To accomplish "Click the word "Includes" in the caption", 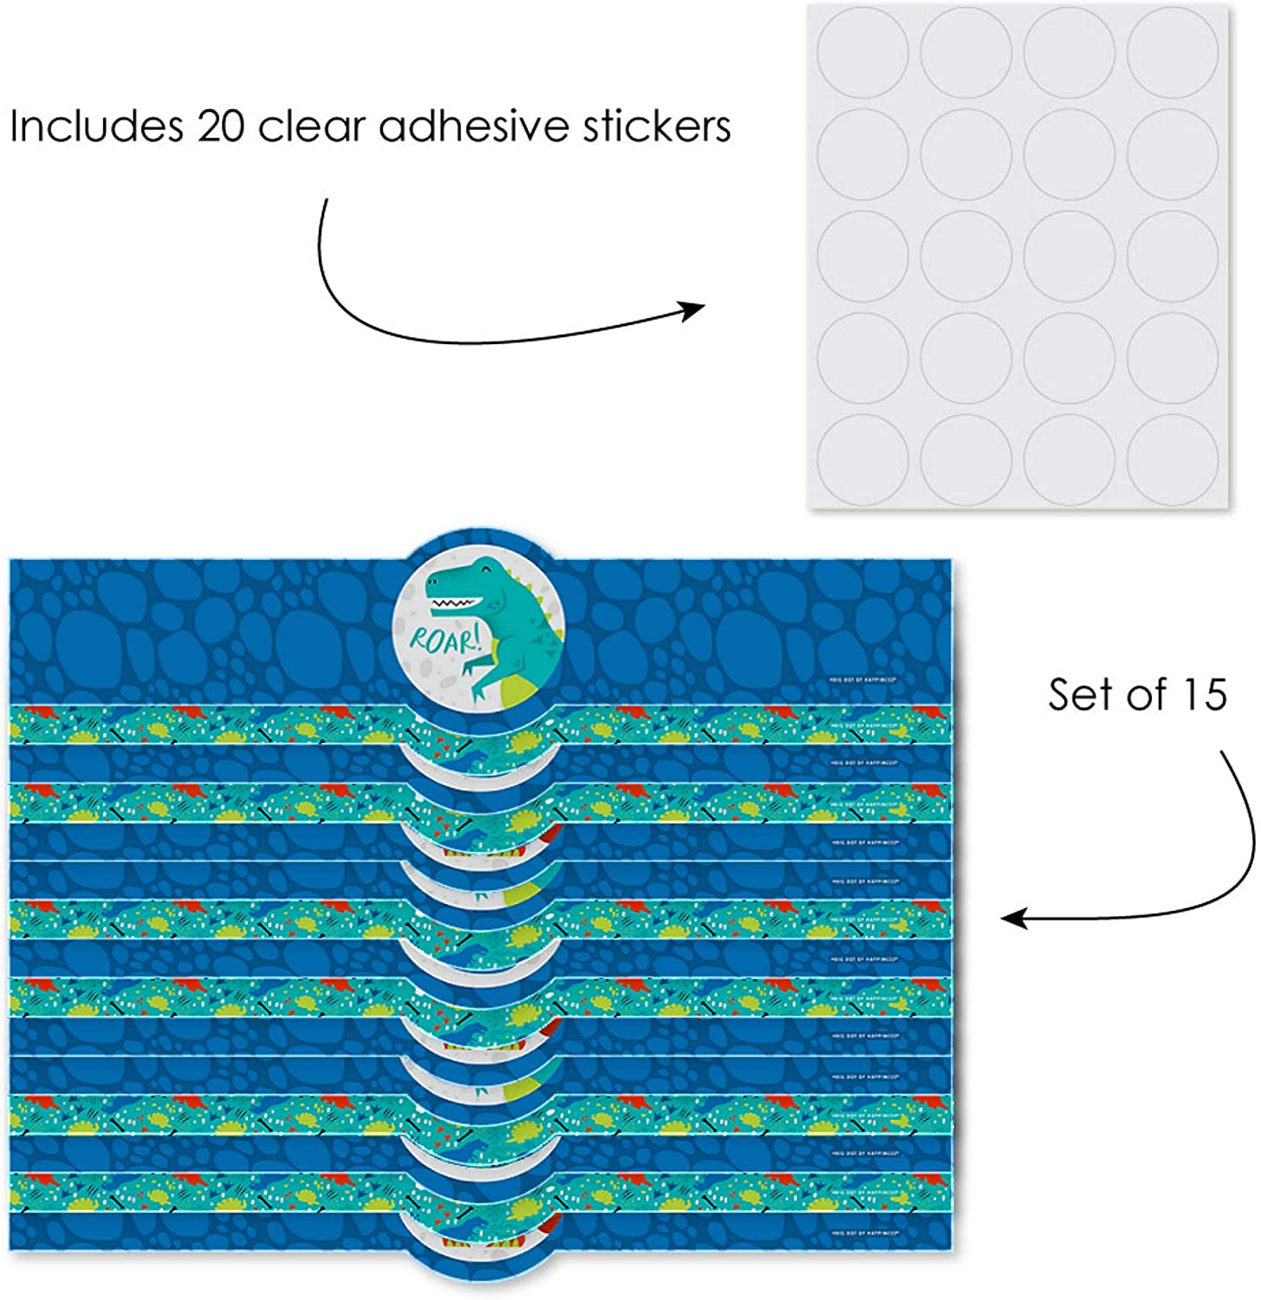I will click(x=94, y=127).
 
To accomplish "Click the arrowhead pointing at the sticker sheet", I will click(x=693, y=309).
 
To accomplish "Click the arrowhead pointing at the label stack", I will click(x=1014, y=919).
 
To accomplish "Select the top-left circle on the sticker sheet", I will click(x=861, y=50).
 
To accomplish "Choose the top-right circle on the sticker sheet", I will click(x=1173, y=50).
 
